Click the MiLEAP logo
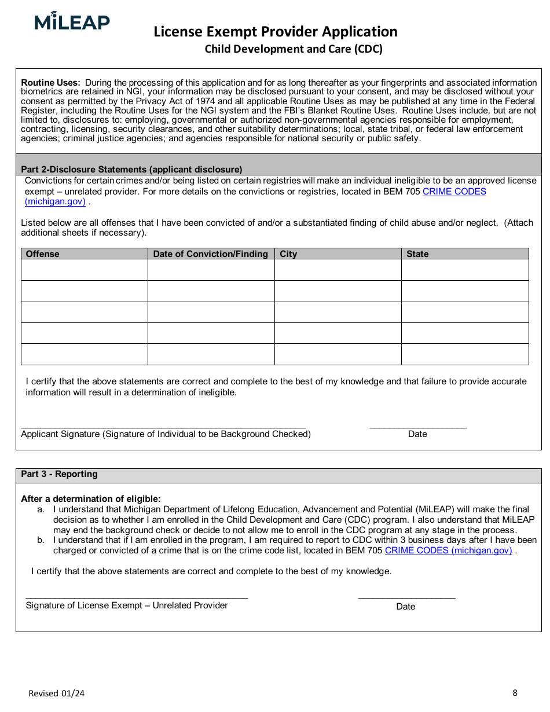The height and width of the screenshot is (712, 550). (72, 22)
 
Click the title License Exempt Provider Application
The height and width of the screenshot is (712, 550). (276, 31)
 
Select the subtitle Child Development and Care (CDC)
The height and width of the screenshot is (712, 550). (294, 49)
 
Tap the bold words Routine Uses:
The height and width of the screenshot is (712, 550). (51, 83)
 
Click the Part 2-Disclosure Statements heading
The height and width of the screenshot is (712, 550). (131, 170)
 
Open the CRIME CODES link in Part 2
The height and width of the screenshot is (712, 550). (454, 192)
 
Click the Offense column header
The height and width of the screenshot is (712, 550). (43, 254)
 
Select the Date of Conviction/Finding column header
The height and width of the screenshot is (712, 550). (211, 254)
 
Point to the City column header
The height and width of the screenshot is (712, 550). (288, 254)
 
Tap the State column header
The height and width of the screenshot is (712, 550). (417, 254)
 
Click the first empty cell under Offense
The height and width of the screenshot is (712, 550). (85, 270)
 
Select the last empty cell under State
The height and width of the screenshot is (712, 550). (465, 354)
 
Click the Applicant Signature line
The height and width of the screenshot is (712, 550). (163, 425)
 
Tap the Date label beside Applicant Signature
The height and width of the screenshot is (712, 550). (417, 434)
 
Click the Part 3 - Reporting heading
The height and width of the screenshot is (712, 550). (60, 474)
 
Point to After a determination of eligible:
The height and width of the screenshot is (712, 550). (91, 499)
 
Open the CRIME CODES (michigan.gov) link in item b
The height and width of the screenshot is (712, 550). (448, 550)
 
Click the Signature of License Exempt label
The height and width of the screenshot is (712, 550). (127, 605)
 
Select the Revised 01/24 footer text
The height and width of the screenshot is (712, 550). (56, 693)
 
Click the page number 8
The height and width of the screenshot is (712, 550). (515, 692)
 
